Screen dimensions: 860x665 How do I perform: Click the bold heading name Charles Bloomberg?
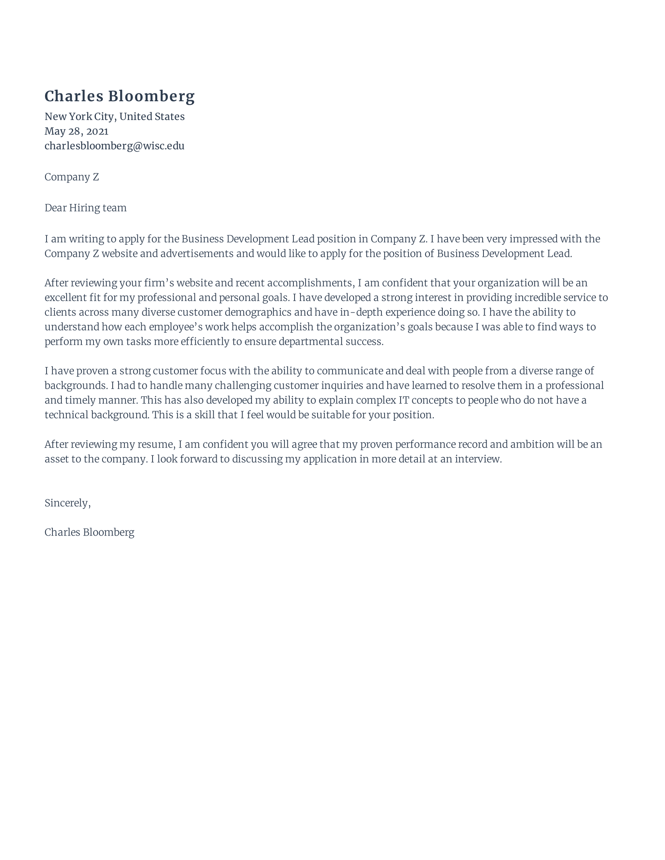(x=119, y=97)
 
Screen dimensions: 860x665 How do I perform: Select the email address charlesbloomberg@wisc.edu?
(x=114, y=146)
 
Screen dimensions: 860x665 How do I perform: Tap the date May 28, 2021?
(x=76, y=131)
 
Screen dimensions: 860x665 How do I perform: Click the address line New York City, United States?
(x=114, y=116)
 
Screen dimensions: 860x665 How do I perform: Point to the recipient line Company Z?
(x=72, y=177)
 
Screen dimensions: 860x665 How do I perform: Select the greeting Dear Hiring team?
(x=86, y=208)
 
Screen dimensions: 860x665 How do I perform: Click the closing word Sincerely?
(x=67, y=503)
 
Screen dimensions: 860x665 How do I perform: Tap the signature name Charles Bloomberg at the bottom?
(x=90, y=532)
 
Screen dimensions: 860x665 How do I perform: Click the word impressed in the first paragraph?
(x=534, y=239)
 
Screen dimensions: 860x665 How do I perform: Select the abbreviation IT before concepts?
(x=403, y=400)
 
